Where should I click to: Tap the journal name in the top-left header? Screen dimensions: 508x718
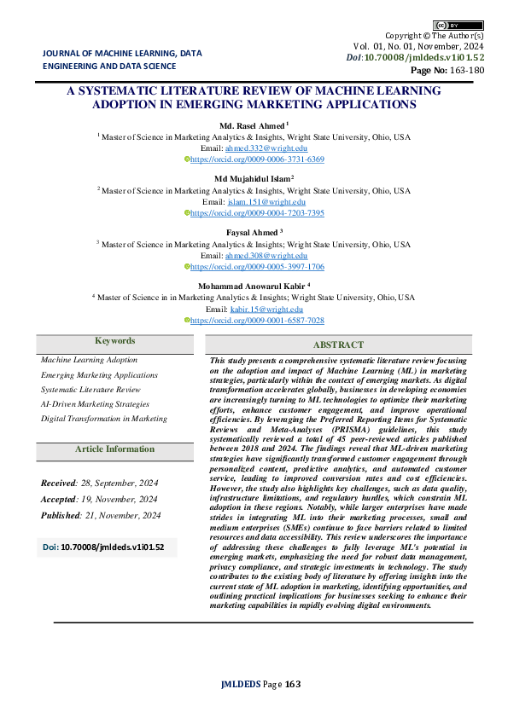tap(122, 58)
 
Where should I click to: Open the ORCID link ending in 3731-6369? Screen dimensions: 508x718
tap(256, 159)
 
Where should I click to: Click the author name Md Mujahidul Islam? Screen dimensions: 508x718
tap(254, 179)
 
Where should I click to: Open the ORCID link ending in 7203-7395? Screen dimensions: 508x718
tap(256, 213)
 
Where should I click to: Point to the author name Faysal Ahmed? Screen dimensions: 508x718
tap(253, 232)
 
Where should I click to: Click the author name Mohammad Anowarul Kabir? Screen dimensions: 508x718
tap(254, 286)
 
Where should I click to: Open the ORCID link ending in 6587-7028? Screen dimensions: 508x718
tap(256, 320)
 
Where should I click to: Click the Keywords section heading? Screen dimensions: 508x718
tap(114, 341)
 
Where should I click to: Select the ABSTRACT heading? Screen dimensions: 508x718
tap(339, 345)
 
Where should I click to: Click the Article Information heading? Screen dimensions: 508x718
tap(114, 449)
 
